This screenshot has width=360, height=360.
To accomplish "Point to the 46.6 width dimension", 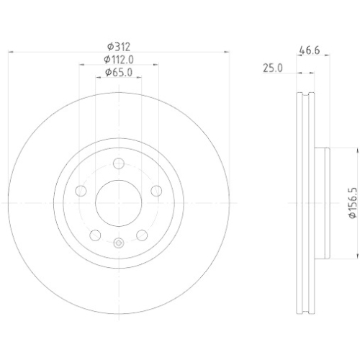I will point(310,51).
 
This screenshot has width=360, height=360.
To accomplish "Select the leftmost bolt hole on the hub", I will point(81,191).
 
